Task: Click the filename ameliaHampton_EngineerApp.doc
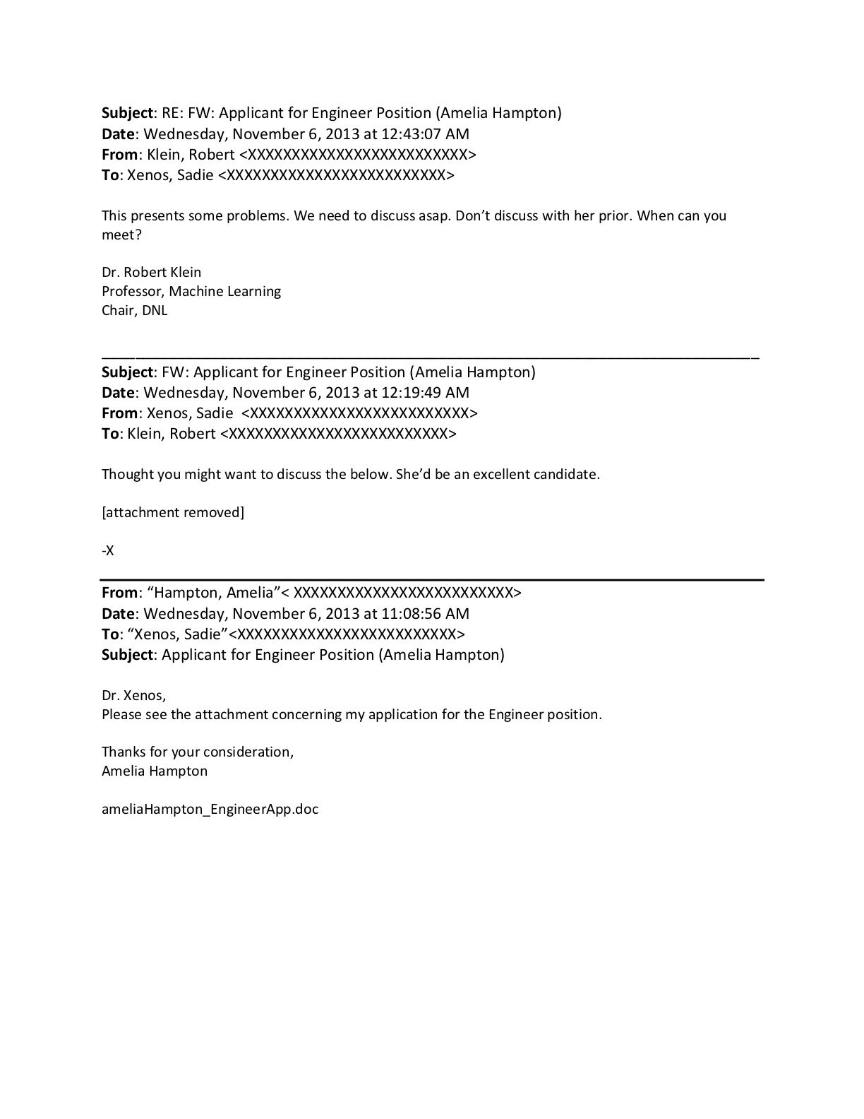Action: tap(210, 810)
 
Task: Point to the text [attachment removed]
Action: tap(173, 513)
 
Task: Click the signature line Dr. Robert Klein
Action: tap(151, 273)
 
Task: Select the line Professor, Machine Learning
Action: tap(191, 292)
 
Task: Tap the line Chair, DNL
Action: tap(134, 311)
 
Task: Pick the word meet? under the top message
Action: tap(121, 235)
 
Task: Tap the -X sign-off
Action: tap(108, 551)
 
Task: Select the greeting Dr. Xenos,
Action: tap(133, 696)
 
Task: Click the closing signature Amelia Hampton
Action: tap(155, 771)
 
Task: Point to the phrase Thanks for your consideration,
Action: tap(198, 752)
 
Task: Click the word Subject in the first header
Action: tap(127, 114)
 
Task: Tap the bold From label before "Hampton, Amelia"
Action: tap(119, 593)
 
